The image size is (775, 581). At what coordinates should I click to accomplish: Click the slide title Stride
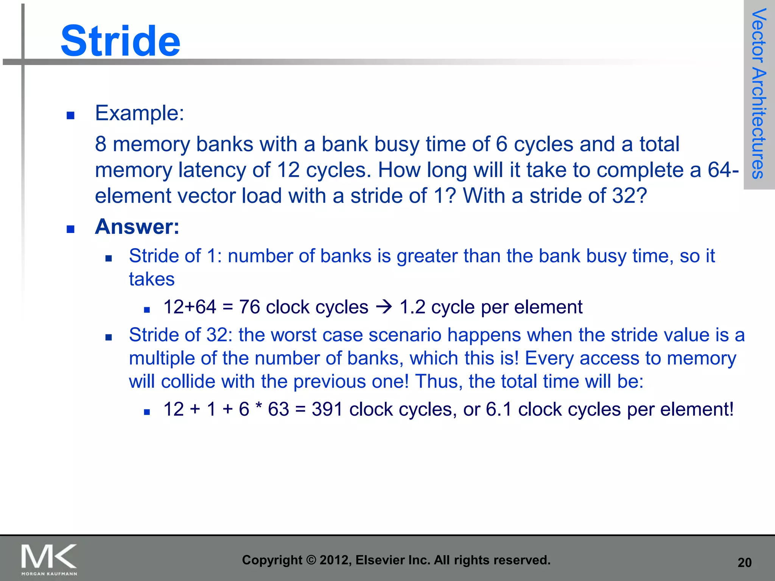pos(120,41)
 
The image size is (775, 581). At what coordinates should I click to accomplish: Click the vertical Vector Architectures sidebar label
pos(758,93)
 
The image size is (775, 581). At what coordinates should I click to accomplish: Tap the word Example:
pos(139,113)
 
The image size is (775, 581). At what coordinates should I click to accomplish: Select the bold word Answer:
pos(137,227)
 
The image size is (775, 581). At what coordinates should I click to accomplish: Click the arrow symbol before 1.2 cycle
pos(384,307)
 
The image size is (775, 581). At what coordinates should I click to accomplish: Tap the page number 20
pos(744,563)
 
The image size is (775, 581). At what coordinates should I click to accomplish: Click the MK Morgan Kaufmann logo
pos(49,559)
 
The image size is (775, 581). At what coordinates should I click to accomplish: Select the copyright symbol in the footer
pos(311,560)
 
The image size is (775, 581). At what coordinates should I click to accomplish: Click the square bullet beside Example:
pos(70,115)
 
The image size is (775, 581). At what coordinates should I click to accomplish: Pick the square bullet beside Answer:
pos(70,229)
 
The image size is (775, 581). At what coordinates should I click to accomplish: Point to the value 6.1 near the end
pos(499,409)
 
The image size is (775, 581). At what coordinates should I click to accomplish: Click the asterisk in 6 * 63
pos(258,408)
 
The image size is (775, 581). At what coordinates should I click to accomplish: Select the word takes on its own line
pos(151,279)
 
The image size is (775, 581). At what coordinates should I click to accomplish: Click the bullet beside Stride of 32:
pos(109,337)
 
